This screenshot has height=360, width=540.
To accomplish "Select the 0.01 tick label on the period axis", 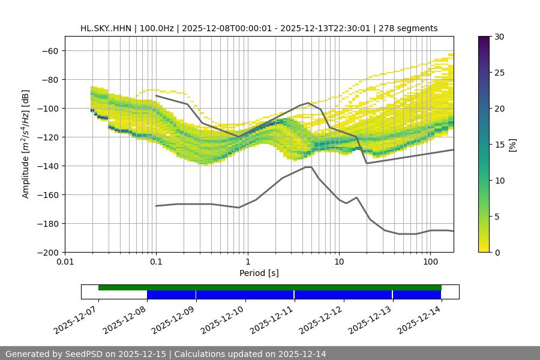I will (x=65, y=262).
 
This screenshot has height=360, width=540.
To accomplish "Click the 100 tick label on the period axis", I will (x=430, y=262).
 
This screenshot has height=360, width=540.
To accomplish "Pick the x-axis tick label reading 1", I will (x=247, y=262).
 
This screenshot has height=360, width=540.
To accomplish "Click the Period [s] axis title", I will (x=259, y=273).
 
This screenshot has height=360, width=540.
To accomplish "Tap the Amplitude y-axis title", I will (x=26, y=144).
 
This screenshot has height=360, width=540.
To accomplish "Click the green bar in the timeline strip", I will (x=270, y=287).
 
